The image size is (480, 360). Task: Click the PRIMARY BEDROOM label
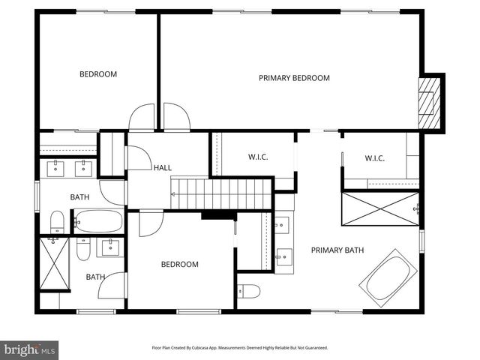pos(294,78)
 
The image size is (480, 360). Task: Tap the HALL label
pos(163,167)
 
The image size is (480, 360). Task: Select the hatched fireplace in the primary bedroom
pos(428,102)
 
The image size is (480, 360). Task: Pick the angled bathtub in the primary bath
pos(386,277)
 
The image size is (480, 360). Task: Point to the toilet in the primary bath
pos(249,291)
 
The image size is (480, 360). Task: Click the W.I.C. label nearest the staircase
pos(258,157)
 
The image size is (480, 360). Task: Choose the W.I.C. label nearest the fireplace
pos(374,157)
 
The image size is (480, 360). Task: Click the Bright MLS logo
pos(29,349)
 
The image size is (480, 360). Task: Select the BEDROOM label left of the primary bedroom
pos(98,74)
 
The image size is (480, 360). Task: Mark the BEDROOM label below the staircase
pos(180,264)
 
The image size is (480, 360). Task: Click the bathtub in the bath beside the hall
pos(98,221)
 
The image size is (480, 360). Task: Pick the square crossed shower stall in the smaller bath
pos(54,264)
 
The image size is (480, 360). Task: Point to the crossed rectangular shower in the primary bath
pos(380,208)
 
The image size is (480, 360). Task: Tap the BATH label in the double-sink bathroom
pos(79,197)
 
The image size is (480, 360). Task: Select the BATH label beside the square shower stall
pos(95,277)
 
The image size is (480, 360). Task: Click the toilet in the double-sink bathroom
pos(58,222)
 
